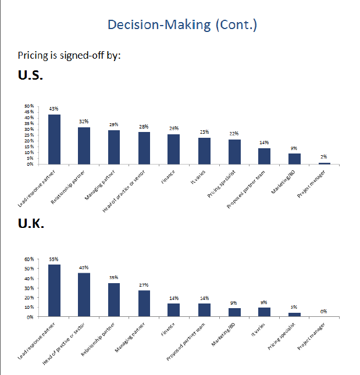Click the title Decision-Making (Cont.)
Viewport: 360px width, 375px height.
tap(182, 25)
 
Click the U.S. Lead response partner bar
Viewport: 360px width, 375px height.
tap(54, 140)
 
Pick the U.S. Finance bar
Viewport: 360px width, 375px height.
tap(174, 149)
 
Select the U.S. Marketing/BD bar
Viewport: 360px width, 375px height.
tap(294, 159)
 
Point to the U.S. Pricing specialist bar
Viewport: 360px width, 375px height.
tap(234, 152)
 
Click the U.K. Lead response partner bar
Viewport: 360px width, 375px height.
tap(54, 291)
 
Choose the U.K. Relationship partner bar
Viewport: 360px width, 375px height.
tap(114, 300)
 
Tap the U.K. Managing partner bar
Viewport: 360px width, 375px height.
tap(144, 303)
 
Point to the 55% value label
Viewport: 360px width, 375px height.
tap(54, 259)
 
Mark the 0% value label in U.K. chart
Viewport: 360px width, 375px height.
tap(323, 311)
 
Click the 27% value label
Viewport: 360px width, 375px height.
tap(144, 285)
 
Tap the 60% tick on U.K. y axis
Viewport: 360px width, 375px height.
tap(28, 259)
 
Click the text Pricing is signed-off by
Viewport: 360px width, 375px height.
tap(69, 56)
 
